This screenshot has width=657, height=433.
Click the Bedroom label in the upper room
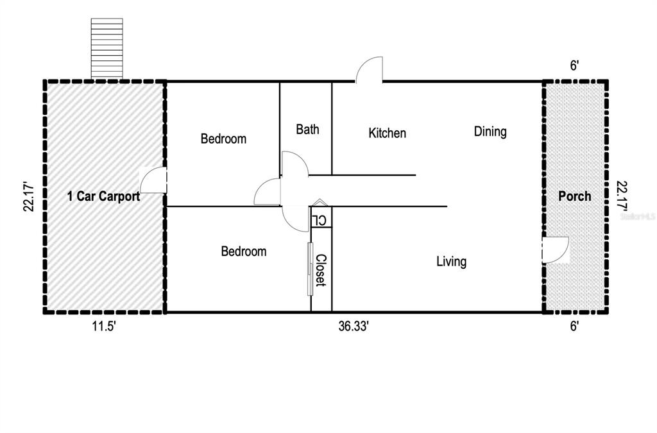pyautogui.click(x=223, y=139)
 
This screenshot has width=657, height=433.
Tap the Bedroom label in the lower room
pyautogui.click(x=243, y=251)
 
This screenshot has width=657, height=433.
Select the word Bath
pyautogui.click(x=307, y=130)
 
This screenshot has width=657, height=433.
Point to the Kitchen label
pyautogui.click(x=387, y=133)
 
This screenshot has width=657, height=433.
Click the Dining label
pyautogui.click(x=490, y=132)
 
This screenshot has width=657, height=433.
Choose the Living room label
pyautogui.click(x=451, y=262)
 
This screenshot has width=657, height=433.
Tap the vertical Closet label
pyautogui.click(x=320, y=270)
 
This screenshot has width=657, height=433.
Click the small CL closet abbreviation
pyautogui.click(x=320, y=220)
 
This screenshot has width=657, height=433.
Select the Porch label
pyautogui.click(x=574, y=196)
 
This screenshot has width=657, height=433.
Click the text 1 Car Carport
pyautogui.click(x=103, y=197)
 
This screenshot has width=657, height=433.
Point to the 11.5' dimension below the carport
pyautogui.click(x=104, y=326)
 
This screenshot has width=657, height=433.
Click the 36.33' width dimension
pyautogui.click(x=354, y=326)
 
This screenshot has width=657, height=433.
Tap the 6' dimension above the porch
pyautogui.click(x=574, y=65)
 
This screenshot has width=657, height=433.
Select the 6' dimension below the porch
pyautogui.click(x=574, y=326)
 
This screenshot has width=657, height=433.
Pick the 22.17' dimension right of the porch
pyautogui.click(x=622, y=196)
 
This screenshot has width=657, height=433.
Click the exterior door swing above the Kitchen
pyautogui.click(x=370, y=70)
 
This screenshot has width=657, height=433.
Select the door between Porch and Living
pyautogui.click(x=556, y=250)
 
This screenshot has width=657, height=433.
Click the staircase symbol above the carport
pyautogui.click(x=107, y=48)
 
